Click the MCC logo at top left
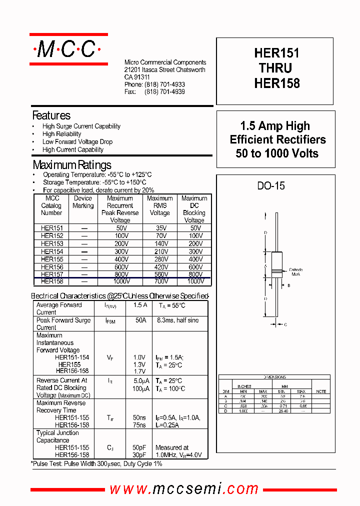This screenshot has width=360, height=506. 68,49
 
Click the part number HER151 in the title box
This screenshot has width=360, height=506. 276,53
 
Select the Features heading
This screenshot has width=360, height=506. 51,115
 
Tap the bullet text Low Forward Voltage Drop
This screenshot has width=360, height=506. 77,142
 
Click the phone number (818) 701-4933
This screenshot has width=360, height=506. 164,85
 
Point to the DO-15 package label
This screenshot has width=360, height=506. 271,185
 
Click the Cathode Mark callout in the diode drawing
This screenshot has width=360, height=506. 296,272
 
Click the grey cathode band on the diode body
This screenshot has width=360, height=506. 276,272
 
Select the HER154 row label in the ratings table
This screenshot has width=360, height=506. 51,251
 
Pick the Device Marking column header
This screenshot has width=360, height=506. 83,202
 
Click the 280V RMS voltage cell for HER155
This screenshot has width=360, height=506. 160,259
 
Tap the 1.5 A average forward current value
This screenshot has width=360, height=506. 140,305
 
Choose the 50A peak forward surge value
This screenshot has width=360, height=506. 140,320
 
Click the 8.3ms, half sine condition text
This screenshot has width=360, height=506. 177,320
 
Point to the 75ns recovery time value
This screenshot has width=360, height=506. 139,425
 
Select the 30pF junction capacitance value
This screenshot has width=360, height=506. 139,455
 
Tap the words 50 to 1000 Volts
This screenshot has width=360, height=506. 277,153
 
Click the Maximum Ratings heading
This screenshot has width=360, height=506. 72,165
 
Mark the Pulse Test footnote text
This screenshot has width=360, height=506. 96,464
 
